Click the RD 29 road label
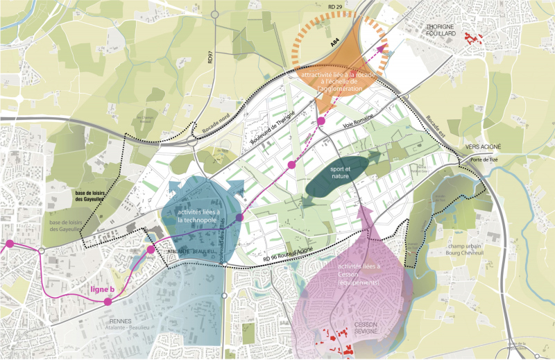point(337,6)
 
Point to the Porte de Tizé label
point(484,159)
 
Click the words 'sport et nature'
point(339,172)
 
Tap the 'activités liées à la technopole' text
point(198,215)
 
